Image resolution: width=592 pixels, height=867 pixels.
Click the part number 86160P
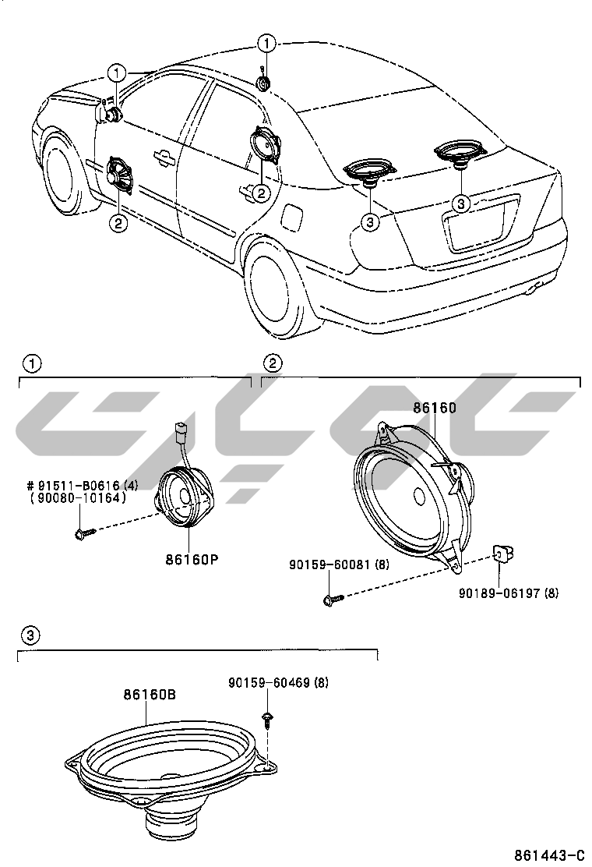[192, 559]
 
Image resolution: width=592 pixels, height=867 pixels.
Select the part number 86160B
[150, 694]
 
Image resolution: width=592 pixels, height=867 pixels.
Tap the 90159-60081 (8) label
[339, 564]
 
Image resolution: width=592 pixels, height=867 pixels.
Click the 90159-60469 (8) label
[278, 682]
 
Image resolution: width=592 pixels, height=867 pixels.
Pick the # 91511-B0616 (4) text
[83, 486]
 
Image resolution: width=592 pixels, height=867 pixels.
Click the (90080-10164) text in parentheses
[79, 497]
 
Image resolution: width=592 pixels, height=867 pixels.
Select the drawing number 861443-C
[549, 855]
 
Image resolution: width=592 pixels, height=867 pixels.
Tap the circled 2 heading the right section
[273, 363]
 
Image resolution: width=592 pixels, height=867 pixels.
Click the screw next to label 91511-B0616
[84, 533]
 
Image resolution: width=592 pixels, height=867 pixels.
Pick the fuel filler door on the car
[292, 217]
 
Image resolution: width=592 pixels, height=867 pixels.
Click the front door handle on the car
[164, 157]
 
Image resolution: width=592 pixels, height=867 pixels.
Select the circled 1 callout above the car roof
[266, 43]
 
